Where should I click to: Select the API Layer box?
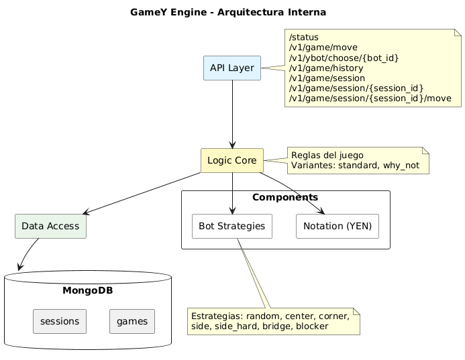(x=231, y=68)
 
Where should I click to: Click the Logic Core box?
(x=231, y=160)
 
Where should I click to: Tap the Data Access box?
(x=50, y=227)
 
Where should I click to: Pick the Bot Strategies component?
(x=231, y=227)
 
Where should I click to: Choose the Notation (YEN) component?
(x=338, y=227)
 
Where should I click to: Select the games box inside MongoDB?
(x=132, y=322)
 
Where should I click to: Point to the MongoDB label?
(x=89, y=290)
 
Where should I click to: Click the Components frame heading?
(x=285, y=197)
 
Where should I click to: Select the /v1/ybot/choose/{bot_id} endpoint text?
(x=344, y=58)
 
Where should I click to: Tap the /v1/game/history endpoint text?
(x=325, y=68)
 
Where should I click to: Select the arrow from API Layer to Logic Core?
(x=231, y=114)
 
